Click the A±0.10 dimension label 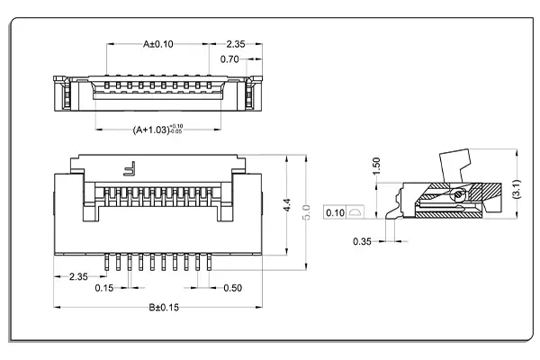tap(158, 43)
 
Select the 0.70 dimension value tap(230, 59)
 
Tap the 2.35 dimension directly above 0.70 tap(235, 43)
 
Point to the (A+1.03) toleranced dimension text tap(157, 130)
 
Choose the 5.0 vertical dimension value tap(307, 212)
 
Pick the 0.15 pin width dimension tap(104, 288)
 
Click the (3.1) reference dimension tap(516, 188)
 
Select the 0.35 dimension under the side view tap(363, 241)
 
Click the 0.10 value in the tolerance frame tap(335, 213)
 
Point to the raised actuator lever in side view tap(457, 166)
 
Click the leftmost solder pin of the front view tap(109, 262)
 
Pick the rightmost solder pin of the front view tap(210, 262)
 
